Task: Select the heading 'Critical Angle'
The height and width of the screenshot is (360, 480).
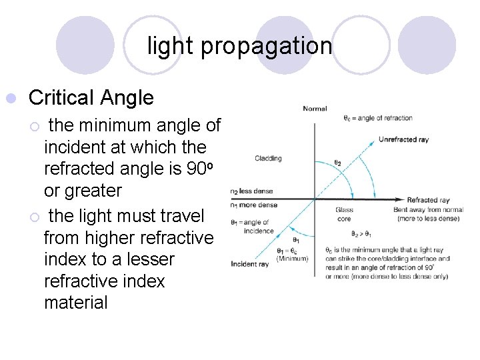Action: (x=91, y=98)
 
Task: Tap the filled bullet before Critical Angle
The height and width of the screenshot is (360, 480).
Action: (x=10, y=99)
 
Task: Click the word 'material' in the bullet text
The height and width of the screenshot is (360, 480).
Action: (x=75, y=302)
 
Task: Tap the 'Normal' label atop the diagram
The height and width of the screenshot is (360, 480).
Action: (x=315, y=108)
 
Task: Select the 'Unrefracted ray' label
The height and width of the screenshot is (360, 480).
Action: (x=403, y=139)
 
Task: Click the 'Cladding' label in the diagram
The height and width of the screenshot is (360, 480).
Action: (x=268, y=159)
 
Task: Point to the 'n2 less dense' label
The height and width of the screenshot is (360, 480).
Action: (x=251, y=191)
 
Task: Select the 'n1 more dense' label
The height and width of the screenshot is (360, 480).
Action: (x=253, y=206)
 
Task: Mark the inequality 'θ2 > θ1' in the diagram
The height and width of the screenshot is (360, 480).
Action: (x=362, y=234)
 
